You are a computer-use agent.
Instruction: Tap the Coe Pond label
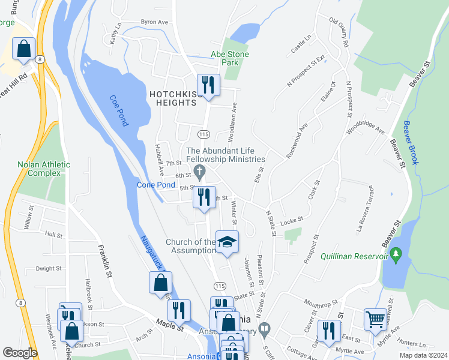tap(119, 111)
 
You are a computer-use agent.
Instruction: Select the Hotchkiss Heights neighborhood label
tap(173, 98)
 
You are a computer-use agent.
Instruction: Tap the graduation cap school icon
tap(227, 242)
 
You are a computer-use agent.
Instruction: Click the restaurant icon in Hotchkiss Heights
tap(208, 85)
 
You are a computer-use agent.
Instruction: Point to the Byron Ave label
tap(154, 22)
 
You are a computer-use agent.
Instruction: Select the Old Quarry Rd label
tap(339, 32)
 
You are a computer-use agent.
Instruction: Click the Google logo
tap(20, 353)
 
